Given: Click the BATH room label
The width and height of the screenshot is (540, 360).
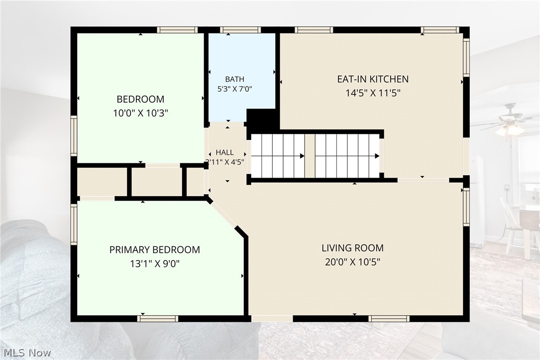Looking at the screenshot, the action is [234, 79].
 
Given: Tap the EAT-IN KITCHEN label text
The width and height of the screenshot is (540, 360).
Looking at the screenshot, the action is [373, 79].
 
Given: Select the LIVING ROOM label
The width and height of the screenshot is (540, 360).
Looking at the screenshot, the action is [353, 248].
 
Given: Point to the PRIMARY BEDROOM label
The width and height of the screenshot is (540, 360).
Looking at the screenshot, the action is [155, 250].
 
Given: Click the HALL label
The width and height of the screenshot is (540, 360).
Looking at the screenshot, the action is [224, 152].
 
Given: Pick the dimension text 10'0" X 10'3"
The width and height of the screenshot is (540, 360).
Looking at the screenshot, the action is [140, 114].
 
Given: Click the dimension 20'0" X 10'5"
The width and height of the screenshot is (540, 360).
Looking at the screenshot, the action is [353, 262].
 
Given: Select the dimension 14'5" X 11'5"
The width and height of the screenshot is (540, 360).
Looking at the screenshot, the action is [373, 93].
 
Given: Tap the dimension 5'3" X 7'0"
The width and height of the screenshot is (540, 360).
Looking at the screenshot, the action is [234, 89].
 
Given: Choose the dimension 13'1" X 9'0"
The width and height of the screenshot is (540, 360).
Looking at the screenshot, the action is [155, 264].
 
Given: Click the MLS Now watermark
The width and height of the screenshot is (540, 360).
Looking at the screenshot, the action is [27, 353].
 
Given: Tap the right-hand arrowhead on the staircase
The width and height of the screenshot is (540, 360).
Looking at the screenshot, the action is [377, 156].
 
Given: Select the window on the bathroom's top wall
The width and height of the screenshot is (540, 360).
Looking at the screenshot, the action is [240, 30].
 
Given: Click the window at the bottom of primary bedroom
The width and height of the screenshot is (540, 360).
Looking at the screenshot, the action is [158, 319].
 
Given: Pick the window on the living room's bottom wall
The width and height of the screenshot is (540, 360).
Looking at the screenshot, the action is [389, 319].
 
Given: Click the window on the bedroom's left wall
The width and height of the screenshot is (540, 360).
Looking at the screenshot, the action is [74, 136].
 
